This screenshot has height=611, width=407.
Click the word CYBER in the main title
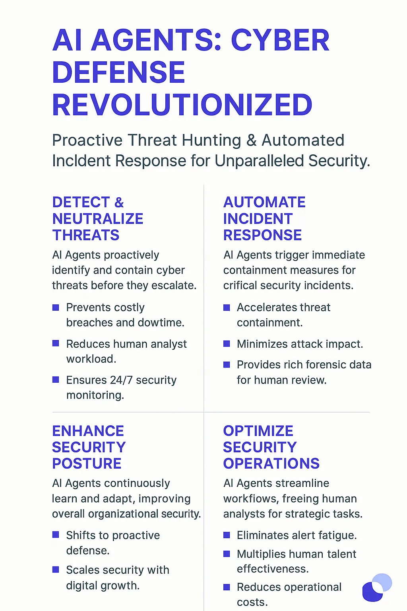(x=280, y=40)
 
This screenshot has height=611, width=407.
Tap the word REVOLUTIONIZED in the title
(x=182, y=105)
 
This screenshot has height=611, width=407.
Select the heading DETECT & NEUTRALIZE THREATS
(x=98, y=218)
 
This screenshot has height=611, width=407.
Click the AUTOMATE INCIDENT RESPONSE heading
(x=264, y=218)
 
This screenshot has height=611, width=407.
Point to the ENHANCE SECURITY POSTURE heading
(x=89, y=447)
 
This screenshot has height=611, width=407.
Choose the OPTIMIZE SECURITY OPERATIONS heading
(x=271, y=447)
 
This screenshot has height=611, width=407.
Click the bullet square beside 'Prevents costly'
(x=56, y=307)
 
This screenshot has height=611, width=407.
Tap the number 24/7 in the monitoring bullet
(x=121, y=380)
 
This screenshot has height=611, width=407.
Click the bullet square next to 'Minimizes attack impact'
(x=227, y=344)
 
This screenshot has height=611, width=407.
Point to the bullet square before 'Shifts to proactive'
(x=56, y=535)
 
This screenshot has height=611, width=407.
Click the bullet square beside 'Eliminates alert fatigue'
(x=227, y=535)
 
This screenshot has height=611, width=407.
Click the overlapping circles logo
(x=377, y=588)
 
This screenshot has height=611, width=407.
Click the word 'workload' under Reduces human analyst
(x=91, y=359)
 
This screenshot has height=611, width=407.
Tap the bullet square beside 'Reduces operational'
(x=227, y=587)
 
